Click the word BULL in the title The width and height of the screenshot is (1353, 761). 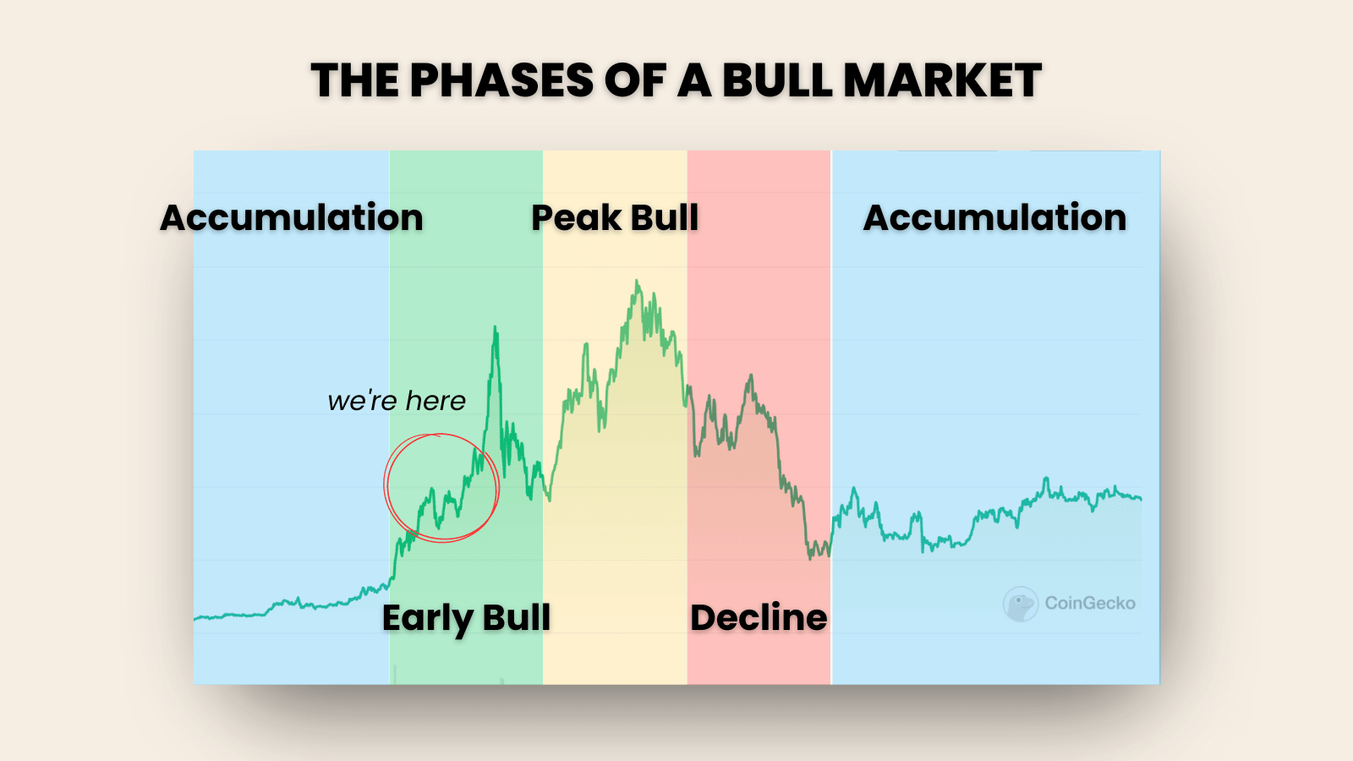776,80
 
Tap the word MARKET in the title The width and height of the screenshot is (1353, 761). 942,80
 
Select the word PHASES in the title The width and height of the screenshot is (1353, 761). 502,80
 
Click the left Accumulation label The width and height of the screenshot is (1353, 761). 292,217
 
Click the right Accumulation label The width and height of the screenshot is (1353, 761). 994,217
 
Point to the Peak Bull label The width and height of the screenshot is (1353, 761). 615,217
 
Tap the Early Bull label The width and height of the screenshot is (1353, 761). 466,618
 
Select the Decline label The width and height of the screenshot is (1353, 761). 759,618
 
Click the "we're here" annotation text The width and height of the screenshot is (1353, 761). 397,401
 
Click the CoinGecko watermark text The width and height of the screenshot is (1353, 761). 1090,604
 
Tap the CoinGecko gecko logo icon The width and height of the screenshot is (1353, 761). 1021,604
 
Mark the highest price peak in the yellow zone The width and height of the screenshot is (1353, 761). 637,281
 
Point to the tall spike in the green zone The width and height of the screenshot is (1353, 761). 496,328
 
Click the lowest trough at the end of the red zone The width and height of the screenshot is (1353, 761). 811,558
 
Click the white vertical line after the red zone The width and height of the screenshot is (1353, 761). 831,418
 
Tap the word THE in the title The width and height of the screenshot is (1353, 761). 355,80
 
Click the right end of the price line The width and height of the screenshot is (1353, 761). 1141,499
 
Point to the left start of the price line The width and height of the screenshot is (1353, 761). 195,618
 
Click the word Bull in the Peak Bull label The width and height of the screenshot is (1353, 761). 665,217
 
